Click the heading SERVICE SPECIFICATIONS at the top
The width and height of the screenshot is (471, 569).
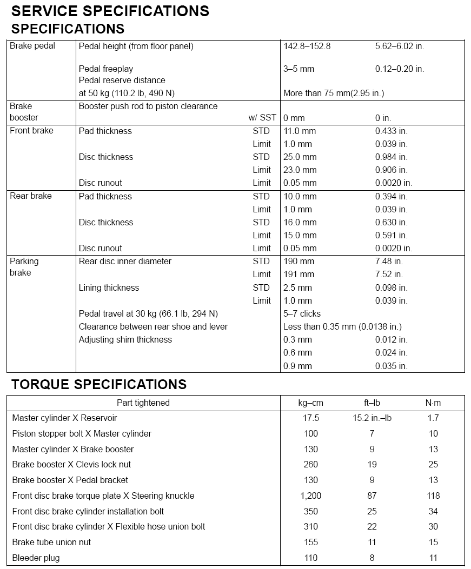(x=110, y=11)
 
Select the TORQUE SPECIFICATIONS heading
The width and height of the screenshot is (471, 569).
(x=99, y=384)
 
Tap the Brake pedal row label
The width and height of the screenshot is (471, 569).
(x=32, y=46)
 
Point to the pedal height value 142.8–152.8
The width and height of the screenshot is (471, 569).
(x=307, y=46)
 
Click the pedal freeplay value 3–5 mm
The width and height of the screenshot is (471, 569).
(x=298, y=69)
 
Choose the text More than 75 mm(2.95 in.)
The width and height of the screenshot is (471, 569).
(x=334, y=93)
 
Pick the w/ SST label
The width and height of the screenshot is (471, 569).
(x=262, y=118)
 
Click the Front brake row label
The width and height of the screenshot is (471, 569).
(x=31, y=131)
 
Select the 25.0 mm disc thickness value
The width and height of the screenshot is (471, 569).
(x=300, y=157)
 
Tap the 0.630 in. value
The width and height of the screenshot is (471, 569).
(x=392, y=222)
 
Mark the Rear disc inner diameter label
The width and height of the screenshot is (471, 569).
(x=125, y=261)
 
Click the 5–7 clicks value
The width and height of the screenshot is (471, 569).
(x=302, y=313)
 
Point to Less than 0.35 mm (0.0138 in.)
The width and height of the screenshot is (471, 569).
(x=342, y=326)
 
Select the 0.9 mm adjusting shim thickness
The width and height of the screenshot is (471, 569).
(x=297, y=366)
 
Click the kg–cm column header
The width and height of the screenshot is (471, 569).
(x=311, y=403)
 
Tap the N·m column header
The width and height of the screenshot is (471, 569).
(x=433, y=403)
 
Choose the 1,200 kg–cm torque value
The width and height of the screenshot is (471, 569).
(x=311, y=496)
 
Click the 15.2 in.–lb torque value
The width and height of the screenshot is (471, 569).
(x=372, y=418)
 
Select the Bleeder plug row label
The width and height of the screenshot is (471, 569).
(x=36, y=558)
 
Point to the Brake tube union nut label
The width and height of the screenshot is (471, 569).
(x=51, y=542)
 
